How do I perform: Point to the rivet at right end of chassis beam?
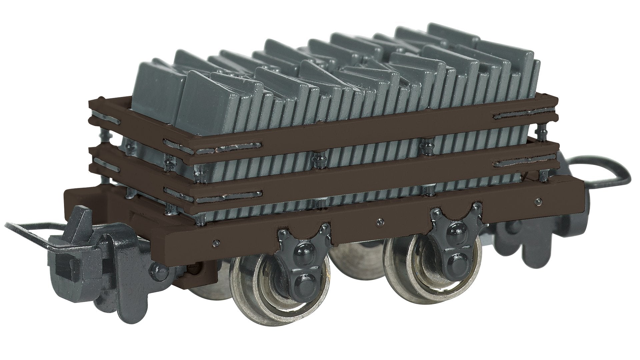pos(537,201)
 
